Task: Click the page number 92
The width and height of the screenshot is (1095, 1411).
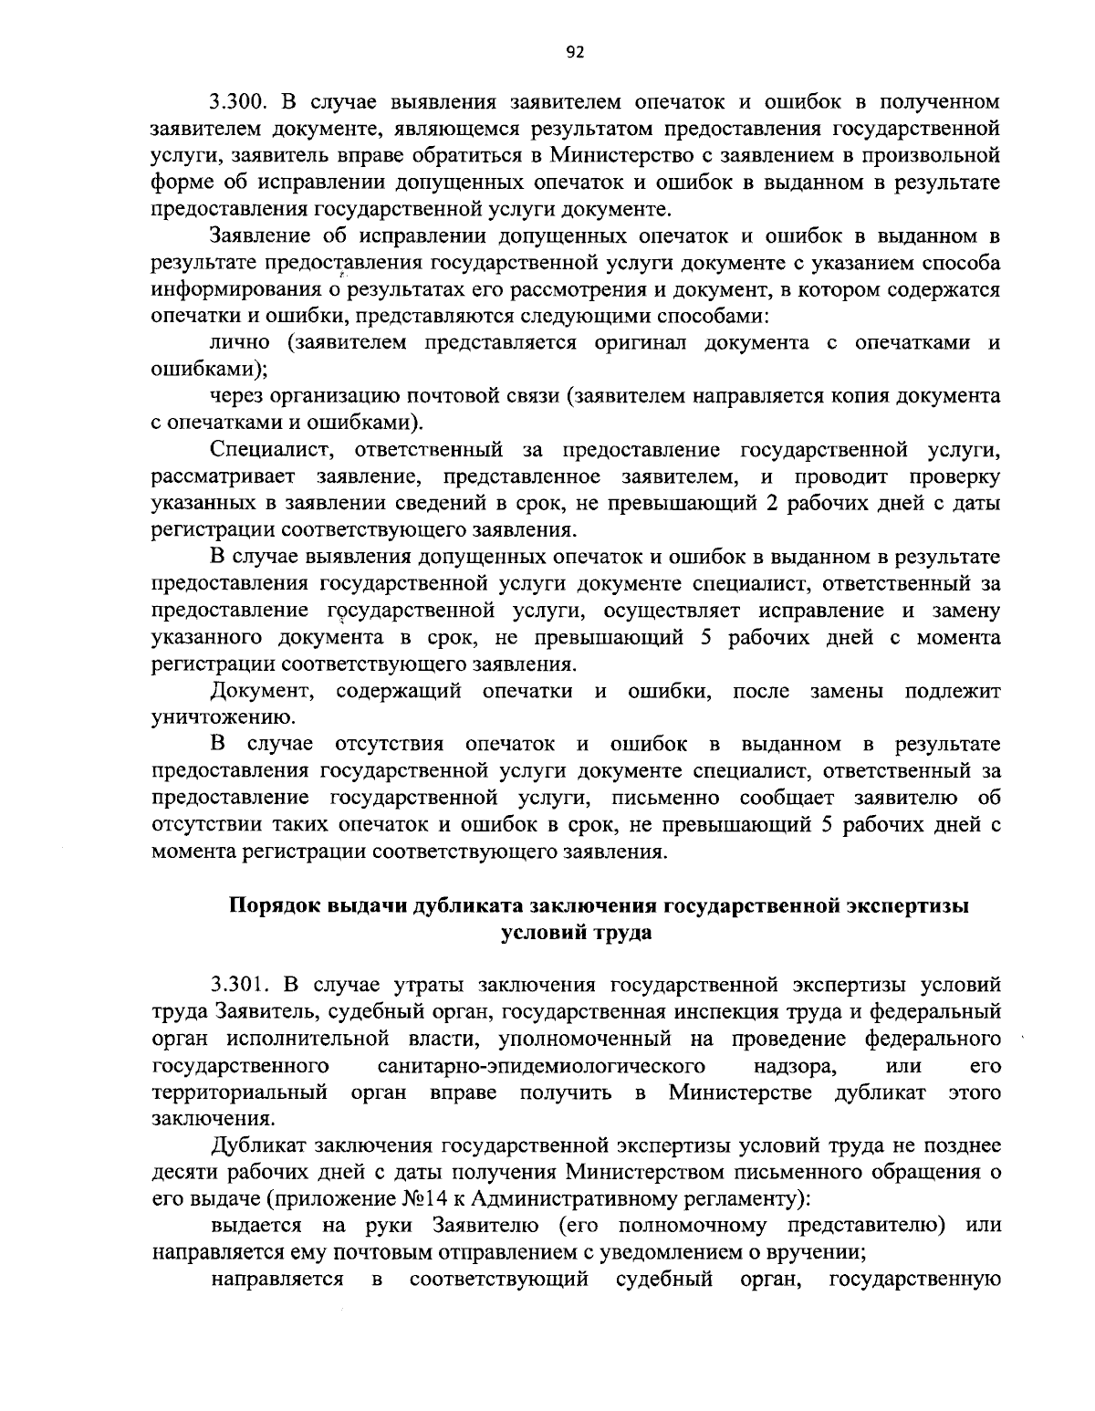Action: [x=574, y=52]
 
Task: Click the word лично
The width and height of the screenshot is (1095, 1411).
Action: [x=240, y=343]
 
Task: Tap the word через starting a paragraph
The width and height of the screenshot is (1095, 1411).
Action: [x=240, y=397]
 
